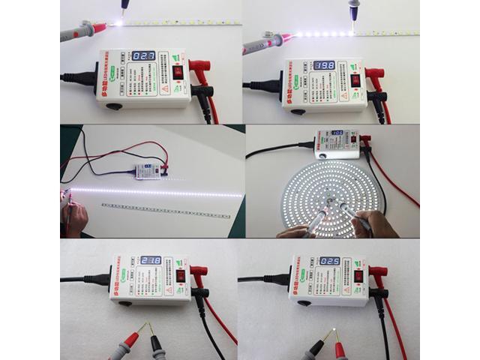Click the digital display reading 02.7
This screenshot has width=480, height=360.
(145, 56)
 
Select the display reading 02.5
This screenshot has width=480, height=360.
(330, 262)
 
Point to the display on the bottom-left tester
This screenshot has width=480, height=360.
(151, 260)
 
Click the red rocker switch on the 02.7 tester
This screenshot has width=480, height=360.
(178, 71)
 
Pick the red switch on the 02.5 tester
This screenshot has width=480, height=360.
(358, 275)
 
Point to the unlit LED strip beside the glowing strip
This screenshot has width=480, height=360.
(166, 210)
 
